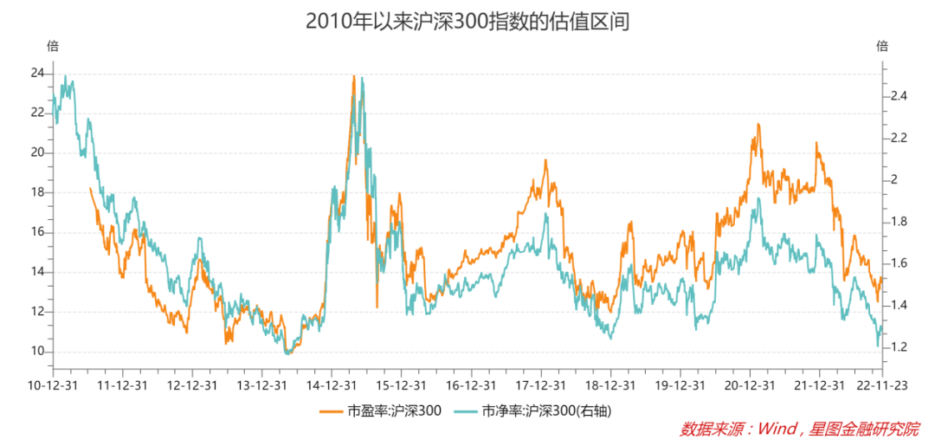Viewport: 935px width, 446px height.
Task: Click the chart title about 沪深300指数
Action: coord(467,22)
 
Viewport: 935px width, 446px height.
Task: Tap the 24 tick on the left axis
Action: coord(37,74)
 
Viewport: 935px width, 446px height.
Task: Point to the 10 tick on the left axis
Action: coord(37,352)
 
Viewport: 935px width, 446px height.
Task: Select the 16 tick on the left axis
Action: coord(37,232)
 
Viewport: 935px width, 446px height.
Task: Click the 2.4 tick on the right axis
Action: coord(898,96)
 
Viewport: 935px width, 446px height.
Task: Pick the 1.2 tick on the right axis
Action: coord(898,347)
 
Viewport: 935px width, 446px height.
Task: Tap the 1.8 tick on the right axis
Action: coord(898,222)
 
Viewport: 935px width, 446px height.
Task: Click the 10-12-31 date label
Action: coord(54,384)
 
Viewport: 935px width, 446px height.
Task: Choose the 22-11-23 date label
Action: coord(882,384)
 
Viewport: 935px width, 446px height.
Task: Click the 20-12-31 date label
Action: coord(748,384)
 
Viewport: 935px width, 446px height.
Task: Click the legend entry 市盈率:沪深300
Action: coord(381,410)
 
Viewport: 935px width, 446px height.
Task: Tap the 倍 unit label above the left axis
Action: coord(52,46)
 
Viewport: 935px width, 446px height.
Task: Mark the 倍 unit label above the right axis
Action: coord(882,46)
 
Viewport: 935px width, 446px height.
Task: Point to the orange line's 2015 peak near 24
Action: coord(354,76)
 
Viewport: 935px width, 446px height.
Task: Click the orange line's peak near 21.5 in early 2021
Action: coord(758,125)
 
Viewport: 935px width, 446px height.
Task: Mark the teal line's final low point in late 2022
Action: coord(878,346)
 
